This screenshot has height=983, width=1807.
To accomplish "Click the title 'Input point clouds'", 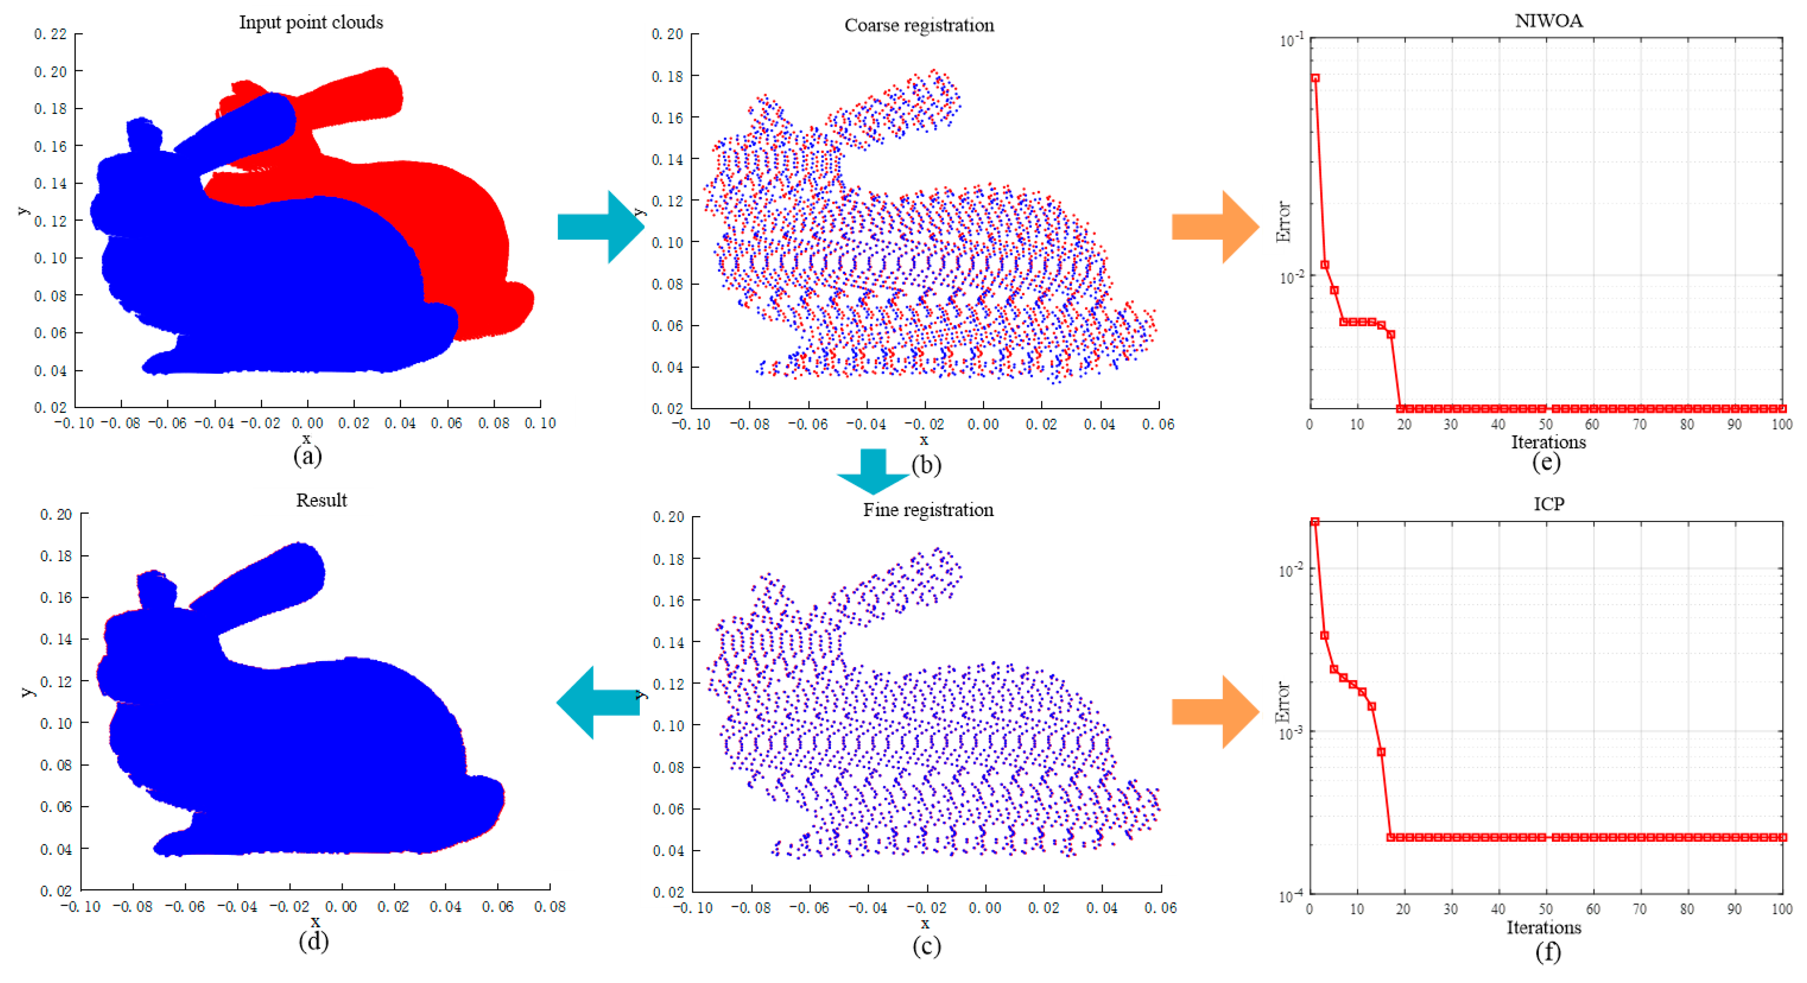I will click(x=311, y=22).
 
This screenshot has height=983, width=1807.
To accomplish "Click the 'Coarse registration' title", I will click(x=919, y=25).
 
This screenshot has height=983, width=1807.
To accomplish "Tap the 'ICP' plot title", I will click(x=1548, y=503).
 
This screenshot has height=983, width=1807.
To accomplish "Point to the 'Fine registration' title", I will click(x=927, y=510).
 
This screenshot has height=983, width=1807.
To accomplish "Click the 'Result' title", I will click(x=321, y=500).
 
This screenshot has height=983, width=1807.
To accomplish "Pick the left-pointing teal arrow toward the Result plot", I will click(x=598, y=702).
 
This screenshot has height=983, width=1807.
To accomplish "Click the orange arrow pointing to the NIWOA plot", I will click(x=1215, y=227).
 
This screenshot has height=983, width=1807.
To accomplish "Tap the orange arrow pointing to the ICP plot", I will click(x=1215, y=711).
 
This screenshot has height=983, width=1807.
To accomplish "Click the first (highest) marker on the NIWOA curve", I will click(x=1316, y=78).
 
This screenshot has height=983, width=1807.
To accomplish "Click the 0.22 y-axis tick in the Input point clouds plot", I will click(x=50, y=34).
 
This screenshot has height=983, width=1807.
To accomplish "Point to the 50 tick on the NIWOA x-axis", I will click(x=1545, y=424).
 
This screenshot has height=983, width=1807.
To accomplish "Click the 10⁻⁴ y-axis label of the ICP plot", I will click(x=1291, y=895).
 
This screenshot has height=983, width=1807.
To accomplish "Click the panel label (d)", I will click(x=313, y=941).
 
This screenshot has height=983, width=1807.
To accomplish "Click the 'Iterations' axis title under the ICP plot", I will click(x=1543, y=927).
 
